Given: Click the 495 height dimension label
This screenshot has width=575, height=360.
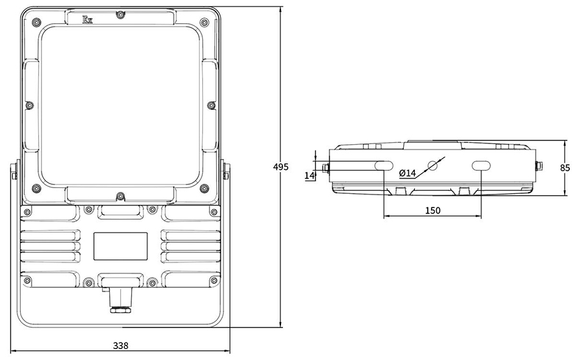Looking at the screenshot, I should click(280, 167).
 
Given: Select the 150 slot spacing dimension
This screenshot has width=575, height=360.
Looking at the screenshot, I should click(433, 210).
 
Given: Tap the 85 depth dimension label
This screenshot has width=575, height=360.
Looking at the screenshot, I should click(565, 167).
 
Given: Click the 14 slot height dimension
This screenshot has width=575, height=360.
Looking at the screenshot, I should click(309, 175).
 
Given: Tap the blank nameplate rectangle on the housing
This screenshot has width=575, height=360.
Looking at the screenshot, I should click(120, 247).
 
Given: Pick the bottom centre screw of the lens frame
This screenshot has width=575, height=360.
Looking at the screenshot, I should click(120, 196).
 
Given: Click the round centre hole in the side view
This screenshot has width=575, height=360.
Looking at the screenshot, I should click(432, 166).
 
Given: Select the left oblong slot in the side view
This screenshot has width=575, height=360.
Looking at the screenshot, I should click(384, 165).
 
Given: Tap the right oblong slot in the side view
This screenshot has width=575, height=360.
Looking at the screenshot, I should click(481, 166).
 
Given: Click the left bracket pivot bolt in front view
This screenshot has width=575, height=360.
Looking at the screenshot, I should click(14, 173).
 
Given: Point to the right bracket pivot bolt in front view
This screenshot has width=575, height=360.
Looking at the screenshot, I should click(226, 173).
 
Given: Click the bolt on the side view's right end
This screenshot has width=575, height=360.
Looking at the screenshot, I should click(539, 165).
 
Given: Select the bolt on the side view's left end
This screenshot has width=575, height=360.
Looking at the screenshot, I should click(326, 168).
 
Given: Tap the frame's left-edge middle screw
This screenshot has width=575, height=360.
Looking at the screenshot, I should click(28, 105).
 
